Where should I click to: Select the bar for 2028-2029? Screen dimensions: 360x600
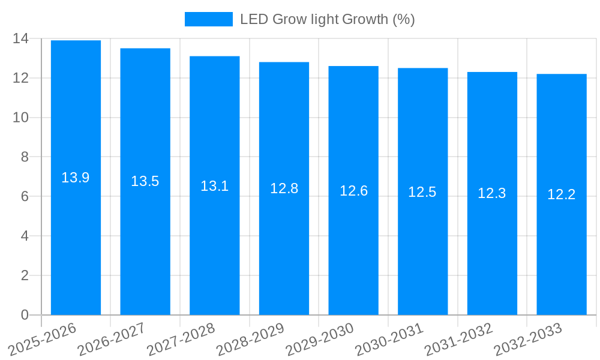[x=284, y=240]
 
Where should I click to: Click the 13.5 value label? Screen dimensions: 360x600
[x=145, y=181]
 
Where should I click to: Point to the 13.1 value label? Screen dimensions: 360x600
[x=214, y=186]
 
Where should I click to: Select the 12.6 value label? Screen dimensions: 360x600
[x=353, y=191]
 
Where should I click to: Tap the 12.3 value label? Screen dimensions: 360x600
[x=492, y=193]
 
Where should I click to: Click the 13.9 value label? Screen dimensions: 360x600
[x=76, y=178]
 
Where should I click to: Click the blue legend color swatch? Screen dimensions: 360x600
[x=208, y=19]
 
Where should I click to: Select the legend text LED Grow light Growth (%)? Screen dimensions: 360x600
[x=327, y=19]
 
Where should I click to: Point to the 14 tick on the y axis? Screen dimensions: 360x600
[x=20, y=38]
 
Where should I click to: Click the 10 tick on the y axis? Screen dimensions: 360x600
[x=20, y=118]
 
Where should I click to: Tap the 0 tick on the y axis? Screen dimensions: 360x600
[x=25, y=315]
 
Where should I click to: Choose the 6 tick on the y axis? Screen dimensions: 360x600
[x=25, y=197]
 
